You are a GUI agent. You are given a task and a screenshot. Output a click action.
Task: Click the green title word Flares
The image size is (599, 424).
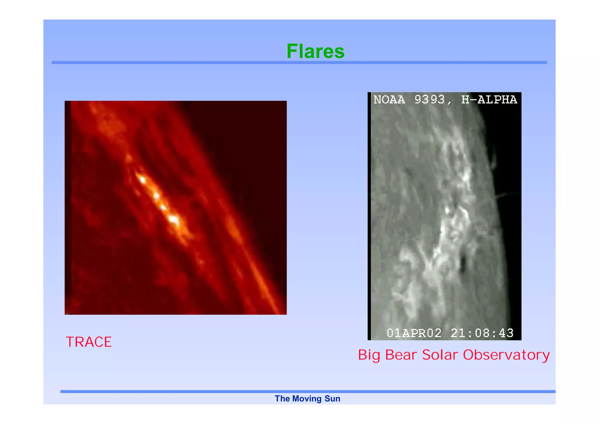point(315,51)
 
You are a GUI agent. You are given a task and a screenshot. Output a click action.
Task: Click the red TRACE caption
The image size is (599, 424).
point(89,342)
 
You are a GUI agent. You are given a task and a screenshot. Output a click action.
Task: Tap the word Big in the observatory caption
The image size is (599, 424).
point(369,355)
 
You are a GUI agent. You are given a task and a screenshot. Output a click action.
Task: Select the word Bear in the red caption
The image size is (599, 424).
point(401,355)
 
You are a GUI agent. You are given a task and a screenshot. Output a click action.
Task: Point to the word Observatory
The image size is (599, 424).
point(506,355)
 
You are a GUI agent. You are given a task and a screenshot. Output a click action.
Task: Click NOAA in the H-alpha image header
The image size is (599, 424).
point(389,100)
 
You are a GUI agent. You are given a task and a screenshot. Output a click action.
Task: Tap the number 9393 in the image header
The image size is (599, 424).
point(429,100)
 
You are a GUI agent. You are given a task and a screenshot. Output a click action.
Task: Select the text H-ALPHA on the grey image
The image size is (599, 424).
point(489,100)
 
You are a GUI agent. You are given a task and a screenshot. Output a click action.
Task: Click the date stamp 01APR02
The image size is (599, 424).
point(414,333)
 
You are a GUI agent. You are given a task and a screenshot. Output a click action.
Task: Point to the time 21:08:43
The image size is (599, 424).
point(482,333)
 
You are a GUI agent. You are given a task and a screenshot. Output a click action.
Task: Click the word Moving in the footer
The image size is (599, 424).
point(306,399)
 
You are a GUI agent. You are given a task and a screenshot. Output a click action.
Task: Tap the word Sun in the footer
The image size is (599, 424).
point(333,399)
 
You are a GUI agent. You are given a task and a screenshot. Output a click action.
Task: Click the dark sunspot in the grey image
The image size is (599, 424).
point(463,263)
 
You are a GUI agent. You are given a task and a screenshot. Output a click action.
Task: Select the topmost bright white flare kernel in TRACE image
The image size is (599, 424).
point(142,179)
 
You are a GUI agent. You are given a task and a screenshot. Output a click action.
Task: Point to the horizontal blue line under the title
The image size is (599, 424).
point(299,62)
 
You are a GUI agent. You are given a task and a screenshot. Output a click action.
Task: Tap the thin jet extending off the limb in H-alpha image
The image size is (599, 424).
point(507,195)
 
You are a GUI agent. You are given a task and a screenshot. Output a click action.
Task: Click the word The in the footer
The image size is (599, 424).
point(282,399)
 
